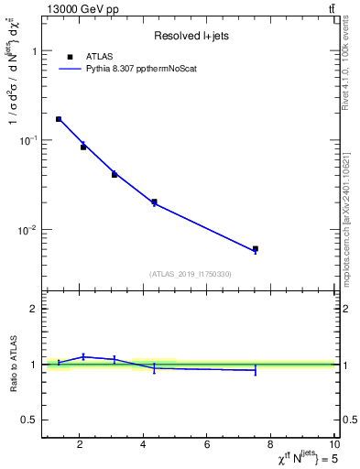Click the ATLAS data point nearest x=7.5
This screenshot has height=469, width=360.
256,249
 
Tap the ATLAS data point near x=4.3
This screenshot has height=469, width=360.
154,202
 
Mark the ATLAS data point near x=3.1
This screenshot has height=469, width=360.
115,174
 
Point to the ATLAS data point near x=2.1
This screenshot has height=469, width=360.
83,147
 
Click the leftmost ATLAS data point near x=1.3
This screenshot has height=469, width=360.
59,119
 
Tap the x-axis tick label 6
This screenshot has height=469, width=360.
207,445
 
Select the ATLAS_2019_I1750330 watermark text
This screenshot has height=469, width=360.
191,274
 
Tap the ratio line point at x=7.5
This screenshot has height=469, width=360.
256,370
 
